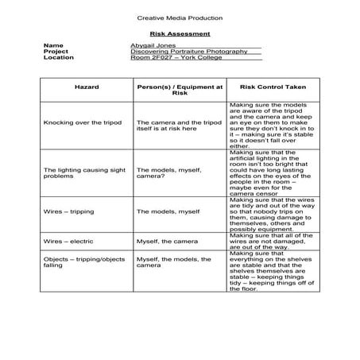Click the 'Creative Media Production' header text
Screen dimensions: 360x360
[180, 17]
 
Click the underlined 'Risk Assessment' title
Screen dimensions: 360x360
[180, 34]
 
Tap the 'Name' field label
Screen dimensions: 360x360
[52, 46]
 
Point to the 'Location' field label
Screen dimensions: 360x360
[58, 57]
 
